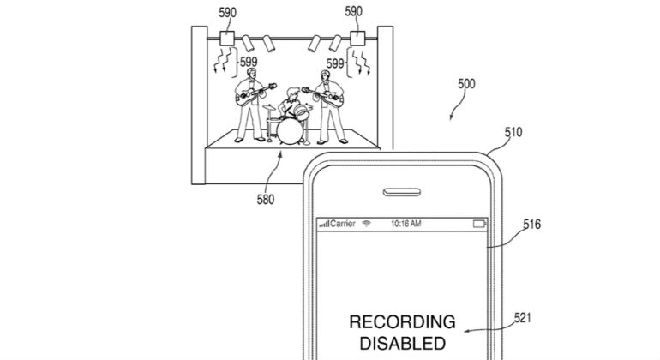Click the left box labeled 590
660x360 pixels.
(x=227, y=39)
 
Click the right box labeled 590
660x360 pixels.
(x=357, y=39)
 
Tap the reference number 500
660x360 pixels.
(x=466, y=84)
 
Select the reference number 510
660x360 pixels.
(x=513, y=132)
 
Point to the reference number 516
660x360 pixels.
(x=531, y=224)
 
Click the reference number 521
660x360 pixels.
(x=522, y=317)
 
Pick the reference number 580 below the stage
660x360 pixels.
(x=266, y=199)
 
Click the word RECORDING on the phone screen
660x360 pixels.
(x=402, y=322)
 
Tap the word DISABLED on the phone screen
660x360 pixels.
(x=402, y=344)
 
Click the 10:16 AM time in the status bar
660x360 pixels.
(x=405, y=224)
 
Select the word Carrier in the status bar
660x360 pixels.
(x=343, y=224)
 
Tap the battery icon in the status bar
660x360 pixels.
(x=479, y=224)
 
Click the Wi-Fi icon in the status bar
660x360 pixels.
(x=367, y=224)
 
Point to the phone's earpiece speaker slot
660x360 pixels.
(x=402, y=192)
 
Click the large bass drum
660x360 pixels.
(x=290, y=131)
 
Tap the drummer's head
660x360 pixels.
(x=292, y=93)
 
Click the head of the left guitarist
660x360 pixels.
(x=251, y=73)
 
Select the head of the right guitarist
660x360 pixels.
(x=324, y=75)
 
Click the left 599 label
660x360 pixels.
(x=249, y=63)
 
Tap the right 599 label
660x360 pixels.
(x=335, y=63)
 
